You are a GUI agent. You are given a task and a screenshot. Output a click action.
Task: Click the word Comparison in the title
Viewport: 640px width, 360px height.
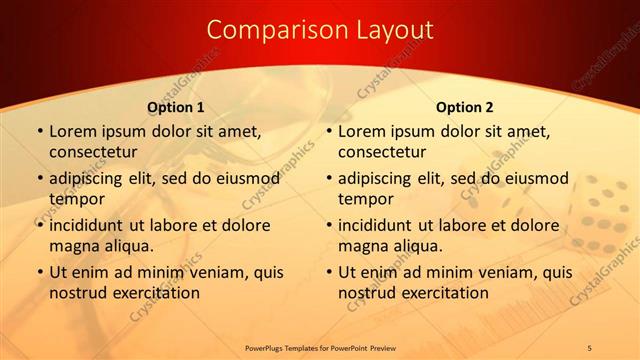coord(267,30)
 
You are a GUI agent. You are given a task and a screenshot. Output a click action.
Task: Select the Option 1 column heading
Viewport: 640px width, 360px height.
coord(176,107)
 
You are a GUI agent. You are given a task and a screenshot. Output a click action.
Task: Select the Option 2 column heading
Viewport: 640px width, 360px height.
coord(465,107)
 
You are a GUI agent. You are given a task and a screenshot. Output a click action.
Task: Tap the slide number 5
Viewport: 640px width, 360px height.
coord(589,347)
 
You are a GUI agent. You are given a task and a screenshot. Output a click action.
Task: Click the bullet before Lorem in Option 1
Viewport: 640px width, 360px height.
coord(39,131)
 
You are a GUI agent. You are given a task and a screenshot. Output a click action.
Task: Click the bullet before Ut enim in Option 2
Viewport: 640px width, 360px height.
coord(328,272)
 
